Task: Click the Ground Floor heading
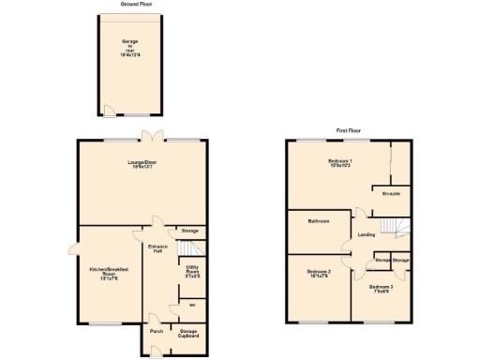coord(137,5)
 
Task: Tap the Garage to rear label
coord(129,49)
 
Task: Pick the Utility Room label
coord(191,272)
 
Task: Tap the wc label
coord(191,305)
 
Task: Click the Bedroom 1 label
coord(340,164)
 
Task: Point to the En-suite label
coord(392,193)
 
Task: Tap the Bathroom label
coord(320,221)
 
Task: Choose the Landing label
coord(367,234)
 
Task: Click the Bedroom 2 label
coord(319,274)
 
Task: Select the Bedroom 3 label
coord(381,288)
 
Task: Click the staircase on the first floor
coord(399,228)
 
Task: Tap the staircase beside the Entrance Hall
coord(191,247)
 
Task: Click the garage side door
coord(110,113)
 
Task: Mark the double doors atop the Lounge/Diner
coord(150,139)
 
